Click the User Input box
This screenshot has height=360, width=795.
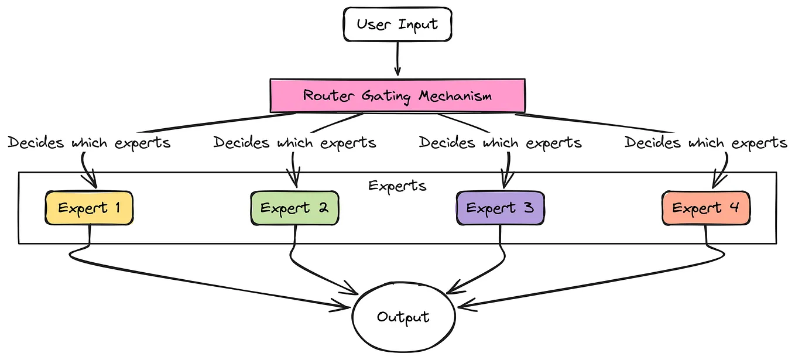click(397, 25)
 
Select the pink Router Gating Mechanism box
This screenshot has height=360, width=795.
click(397, 95)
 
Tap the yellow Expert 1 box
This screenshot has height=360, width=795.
click(89, 208)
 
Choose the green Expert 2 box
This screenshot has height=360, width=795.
click(294, 208)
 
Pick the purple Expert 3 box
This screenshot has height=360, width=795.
click(500, 208)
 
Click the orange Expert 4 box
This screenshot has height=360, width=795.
click(705, 208)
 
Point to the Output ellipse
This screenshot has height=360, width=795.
click(403, 317)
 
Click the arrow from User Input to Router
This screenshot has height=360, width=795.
click(397, 59)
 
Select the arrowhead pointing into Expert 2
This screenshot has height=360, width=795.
click(294, 180)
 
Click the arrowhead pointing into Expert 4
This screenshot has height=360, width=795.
click(715, 180)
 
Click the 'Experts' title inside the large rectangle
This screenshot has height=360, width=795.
click(397, 186)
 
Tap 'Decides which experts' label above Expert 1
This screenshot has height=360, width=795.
click(89, 143)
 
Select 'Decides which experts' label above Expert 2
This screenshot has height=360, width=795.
click(294, 143)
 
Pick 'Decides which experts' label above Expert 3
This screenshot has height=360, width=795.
click(501, 143)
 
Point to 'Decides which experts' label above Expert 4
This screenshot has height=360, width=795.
click(706, 143)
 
